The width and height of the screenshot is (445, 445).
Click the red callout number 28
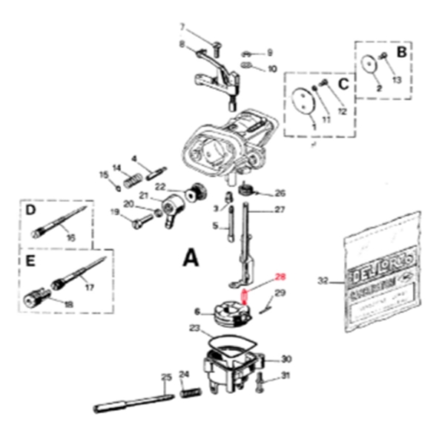280,277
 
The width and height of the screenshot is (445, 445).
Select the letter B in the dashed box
401,53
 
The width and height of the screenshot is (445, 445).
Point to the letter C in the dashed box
343,84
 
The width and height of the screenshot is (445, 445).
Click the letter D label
31,210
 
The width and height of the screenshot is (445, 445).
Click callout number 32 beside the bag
322,281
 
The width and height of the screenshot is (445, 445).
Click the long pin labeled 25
133,402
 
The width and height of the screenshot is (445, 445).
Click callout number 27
280,210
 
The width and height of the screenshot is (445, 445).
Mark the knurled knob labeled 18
32,300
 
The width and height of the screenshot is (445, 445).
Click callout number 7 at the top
182,28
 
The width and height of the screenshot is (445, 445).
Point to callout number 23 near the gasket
194,327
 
